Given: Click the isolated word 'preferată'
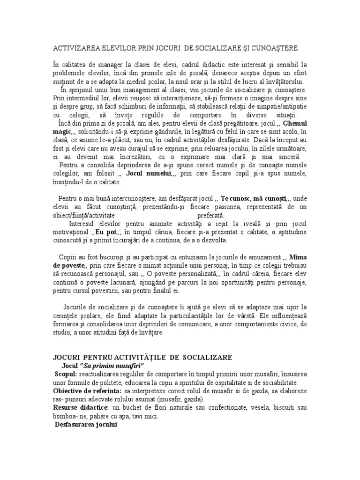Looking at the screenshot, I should click(x=210, y=214).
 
